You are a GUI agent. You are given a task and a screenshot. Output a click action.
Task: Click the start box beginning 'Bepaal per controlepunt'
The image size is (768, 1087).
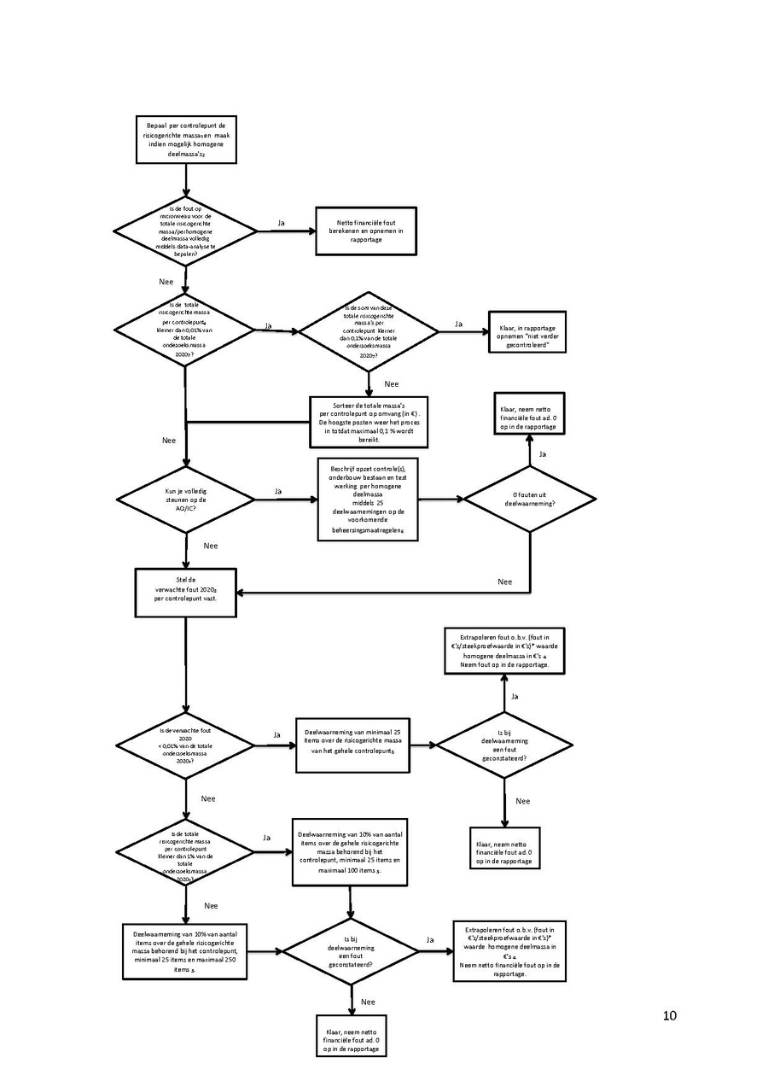[185, 139]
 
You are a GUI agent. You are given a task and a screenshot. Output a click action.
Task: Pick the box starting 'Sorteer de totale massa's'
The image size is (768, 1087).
[369, 422]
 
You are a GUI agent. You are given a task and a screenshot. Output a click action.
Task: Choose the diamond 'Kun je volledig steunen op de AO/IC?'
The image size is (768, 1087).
[185, 500]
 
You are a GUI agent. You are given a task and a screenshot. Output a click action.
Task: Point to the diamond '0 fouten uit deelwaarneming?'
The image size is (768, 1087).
[529, 500]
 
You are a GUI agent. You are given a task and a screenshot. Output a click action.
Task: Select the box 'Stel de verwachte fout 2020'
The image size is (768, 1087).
[185, 592]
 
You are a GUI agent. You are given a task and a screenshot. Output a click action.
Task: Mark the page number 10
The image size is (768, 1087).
[669, 1015]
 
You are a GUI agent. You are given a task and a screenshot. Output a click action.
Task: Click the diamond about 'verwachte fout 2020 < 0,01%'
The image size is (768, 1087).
[185, 745]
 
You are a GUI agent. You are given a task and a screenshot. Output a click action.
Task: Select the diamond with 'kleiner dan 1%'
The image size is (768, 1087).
[185, 853]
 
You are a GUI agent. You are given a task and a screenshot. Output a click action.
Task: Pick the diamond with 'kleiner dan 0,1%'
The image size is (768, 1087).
[368, 330]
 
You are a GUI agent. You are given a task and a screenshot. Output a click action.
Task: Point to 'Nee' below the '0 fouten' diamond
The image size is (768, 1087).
[505, 581]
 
